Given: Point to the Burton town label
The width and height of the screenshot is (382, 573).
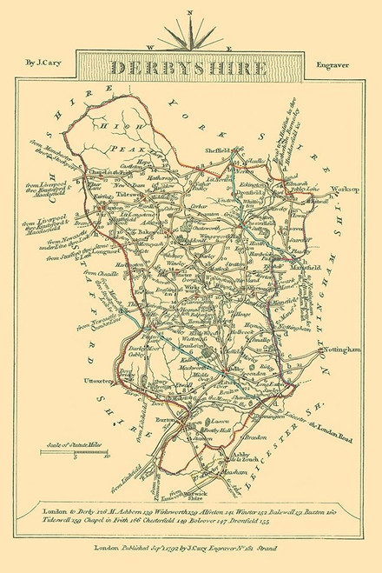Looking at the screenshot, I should [166, 419].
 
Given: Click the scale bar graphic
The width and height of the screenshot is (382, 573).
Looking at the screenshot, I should [71, 453].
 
